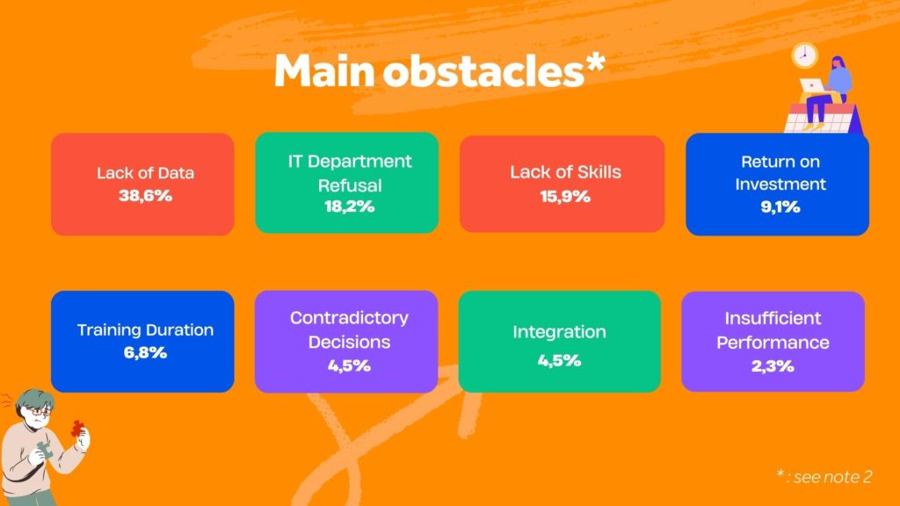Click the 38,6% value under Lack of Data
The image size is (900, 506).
[145, 196]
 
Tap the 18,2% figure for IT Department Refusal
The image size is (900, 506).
[349, 206]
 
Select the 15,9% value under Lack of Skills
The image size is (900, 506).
[565, 197]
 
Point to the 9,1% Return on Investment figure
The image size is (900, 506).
[780, 207]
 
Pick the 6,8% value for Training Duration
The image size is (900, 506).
[145, 352]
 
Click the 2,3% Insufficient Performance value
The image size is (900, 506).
[773, 366]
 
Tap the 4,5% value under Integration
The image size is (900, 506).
[559, 360]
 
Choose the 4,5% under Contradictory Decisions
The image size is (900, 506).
[349, 366]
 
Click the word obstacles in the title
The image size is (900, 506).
[484, 71]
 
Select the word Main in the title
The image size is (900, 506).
[324, 71]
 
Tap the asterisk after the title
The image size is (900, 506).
[595, 62]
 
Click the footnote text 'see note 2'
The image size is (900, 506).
[833, 477]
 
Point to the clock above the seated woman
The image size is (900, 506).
[804, 55]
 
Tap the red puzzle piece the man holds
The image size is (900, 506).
[77, 429]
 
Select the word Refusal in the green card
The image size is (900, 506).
[350, 185]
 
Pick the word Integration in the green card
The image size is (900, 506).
[559, 332]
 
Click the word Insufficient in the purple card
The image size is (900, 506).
[773, 318]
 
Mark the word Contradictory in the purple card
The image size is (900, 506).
[349, 318]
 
